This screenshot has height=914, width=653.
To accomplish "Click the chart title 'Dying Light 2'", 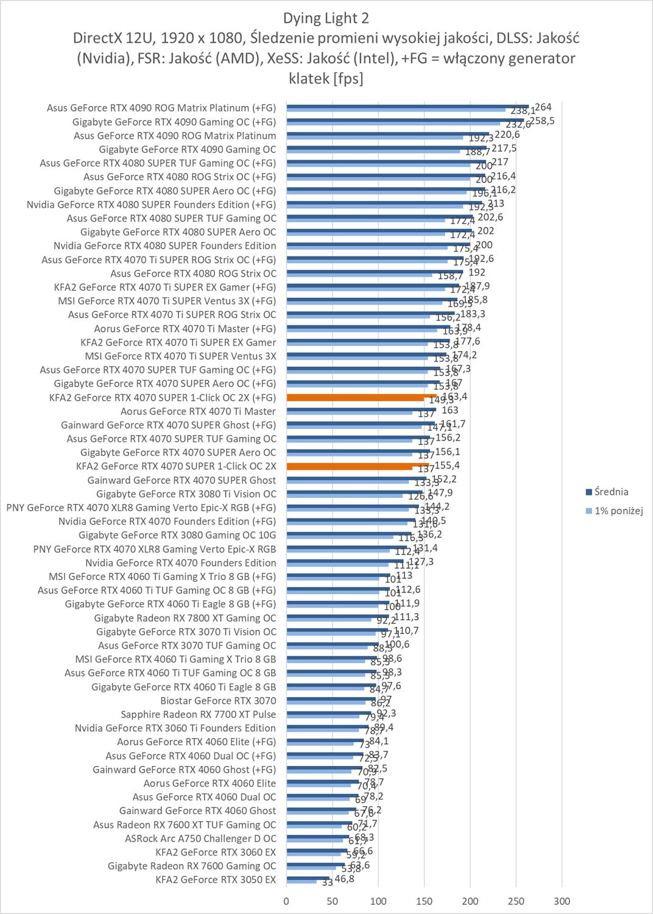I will pos(326,18).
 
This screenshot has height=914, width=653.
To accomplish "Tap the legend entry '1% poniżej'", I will pos(614,511).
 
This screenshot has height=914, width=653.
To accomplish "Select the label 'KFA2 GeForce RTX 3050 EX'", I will pos(216,879).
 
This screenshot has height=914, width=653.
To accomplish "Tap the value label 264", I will pos(543,107).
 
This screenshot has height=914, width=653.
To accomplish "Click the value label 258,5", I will pos(542,121).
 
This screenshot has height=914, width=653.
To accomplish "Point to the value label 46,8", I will pos(344,879).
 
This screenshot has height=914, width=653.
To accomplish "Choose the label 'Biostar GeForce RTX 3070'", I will pos(218,700).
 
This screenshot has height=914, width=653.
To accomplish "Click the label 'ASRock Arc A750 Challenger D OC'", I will pos(200,838).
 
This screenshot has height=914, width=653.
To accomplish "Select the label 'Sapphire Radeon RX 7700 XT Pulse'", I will pos(198,714).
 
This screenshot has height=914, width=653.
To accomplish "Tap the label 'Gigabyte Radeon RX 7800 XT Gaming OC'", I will pos(185,618).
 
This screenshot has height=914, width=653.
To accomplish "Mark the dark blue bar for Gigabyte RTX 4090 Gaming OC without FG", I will pos(387,147).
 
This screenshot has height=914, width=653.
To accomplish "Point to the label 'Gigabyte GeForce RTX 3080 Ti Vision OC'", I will pos(186,494).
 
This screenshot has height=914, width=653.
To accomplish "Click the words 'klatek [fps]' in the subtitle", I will pos(326,78).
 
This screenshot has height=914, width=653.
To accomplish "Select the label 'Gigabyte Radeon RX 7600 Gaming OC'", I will pos(192,865).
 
